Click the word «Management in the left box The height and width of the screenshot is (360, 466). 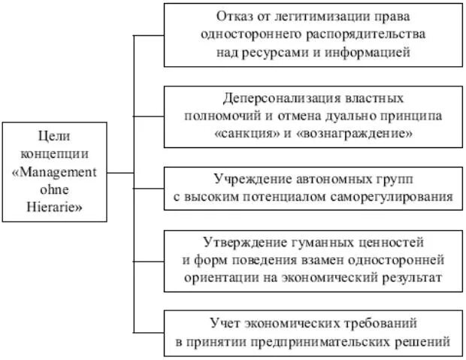pyautogui.click(x=55, y=172)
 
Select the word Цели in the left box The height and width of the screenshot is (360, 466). pyautogui.click(x=54, y=136)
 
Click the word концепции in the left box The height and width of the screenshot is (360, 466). pyautogui.click(x=54, y=154)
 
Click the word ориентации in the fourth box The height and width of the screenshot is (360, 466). pyautogui.click(x=223, y=278)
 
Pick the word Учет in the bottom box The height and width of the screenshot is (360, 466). pyautogui.click(x=225, y=323)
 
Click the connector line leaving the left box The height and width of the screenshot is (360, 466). pyautogui.click(x=120, y=173)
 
